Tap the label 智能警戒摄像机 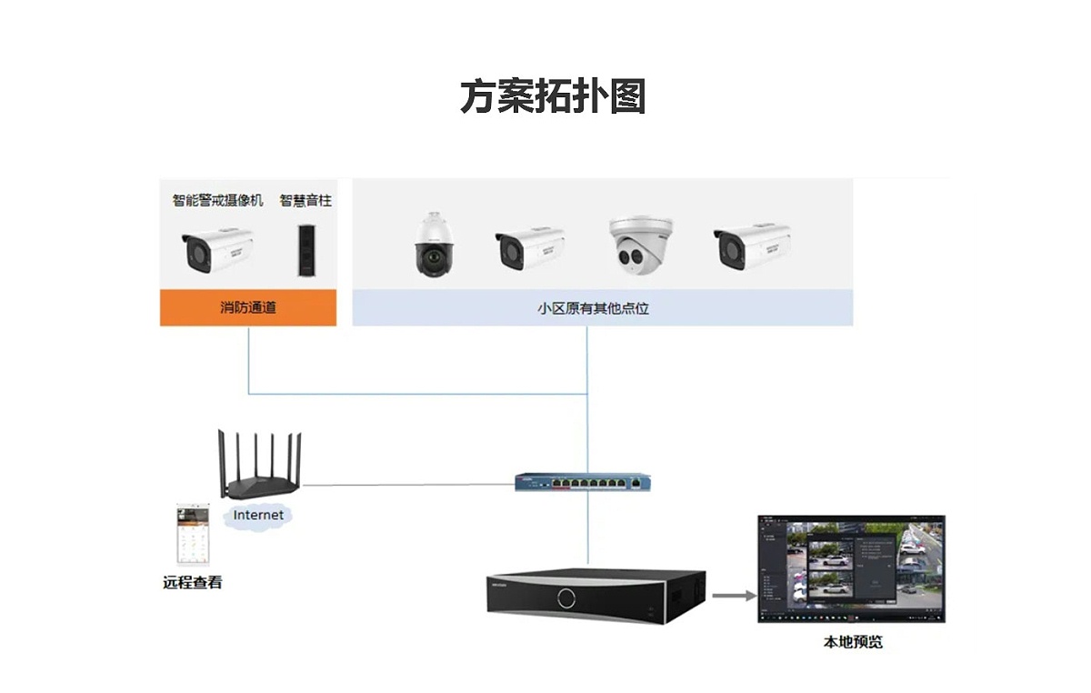[x=218, y=200]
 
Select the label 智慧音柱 [x=305, y=200]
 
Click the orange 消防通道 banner [x=248, y=307]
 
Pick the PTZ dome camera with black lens [x=434, y=246]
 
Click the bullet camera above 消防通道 [x=217, y=249]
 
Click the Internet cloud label [x=259, y=516]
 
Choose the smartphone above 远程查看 [x=192, y=536]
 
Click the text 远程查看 [x=192, y=582]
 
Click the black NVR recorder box [x=595, y=597]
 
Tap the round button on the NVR [x=566, y=598]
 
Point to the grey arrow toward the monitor [x=733, y=596]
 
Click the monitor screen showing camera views [x=851, y=568]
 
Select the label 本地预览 [x=852, y=642]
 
